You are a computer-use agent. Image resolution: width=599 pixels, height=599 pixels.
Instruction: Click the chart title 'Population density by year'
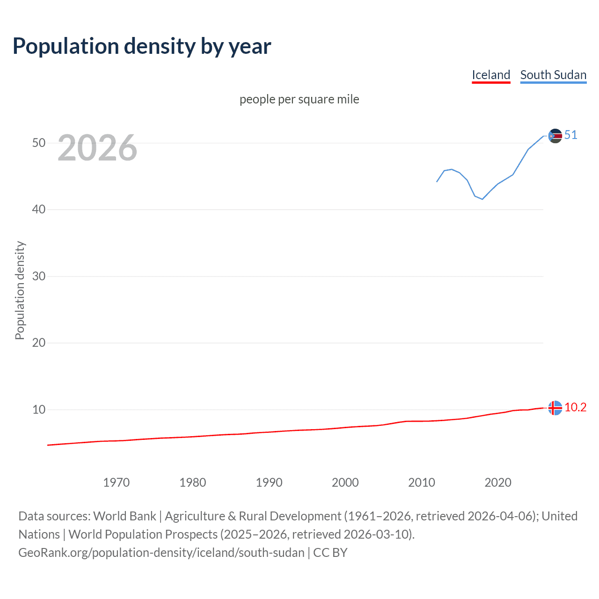[x=142, y=46]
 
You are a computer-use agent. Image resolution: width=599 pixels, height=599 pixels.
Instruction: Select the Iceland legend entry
[x=490, y=75]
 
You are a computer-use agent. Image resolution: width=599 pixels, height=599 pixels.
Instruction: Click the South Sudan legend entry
[x=553, y=75]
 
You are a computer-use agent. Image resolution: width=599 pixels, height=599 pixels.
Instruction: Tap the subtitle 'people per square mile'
[x=299, y=99]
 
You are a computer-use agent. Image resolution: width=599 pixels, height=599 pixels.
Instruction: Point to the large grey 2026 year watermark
[x=97, y=148]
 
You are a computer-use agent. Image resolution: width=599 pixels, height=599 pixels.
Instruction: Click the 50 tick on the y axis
[x=39, y=143]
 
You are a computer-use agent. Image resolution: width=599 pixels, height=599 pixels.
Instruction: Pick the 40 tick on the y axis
[x=39, y=209]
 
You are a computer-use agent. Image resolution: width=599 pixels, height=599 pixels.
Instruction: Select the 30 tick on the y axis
[x=39, y=276]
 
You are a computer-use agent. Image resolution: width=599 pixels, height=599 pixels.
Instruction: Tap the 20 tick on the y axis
[x=39, y=343]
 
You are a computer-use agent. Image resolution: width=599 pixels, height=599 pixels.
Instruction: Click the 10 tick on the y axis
[x=39, y=409]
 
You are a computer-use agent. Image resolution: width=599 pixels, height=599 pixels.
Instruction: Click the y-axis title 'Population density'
[x=20, y=290]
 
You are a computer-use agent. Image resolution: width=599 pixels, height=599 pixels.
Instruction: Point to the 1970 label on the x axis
[x=116, y=482]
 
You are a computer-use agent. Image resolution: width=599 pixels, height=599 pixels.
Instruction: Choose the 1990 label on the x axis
[x=269, y=482]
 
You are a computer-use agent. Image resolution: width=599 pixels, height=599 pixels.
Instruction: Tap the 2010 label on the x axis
[x=421, y=482]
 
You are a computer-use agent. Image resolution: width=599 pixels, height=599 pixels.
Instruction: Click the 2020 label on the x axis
[x=497, y=482]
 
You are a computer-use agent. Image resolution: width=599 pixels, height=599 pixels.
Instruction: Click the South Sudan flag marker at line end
[x=555, y=136]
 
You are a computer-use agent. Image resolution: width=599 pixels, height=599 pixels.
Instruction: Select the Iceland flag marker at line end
[x=555, y=408]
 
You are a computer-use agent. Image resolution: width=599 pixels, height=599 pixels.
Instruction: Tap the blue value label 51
[x=570, y=135]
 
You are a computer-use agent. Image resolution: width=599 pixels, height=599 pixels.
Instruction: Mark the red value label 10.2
[x=575, y=408]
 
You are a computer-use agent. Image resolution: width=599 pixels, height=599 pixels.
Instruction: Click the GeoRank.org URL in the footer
[x=161, y=553]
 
